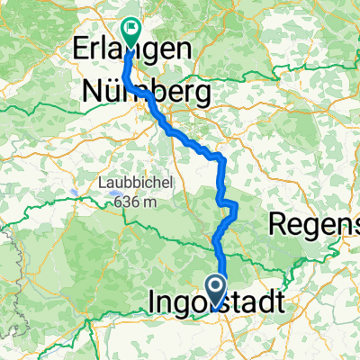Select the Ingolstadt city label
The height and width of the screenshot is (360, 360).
[x=219, y=300]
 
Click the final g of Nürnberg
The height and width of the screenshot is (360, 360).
[x=202, y=94]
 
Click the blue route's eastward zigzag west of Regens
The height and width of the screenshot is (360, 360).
[x=232, y=209]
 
